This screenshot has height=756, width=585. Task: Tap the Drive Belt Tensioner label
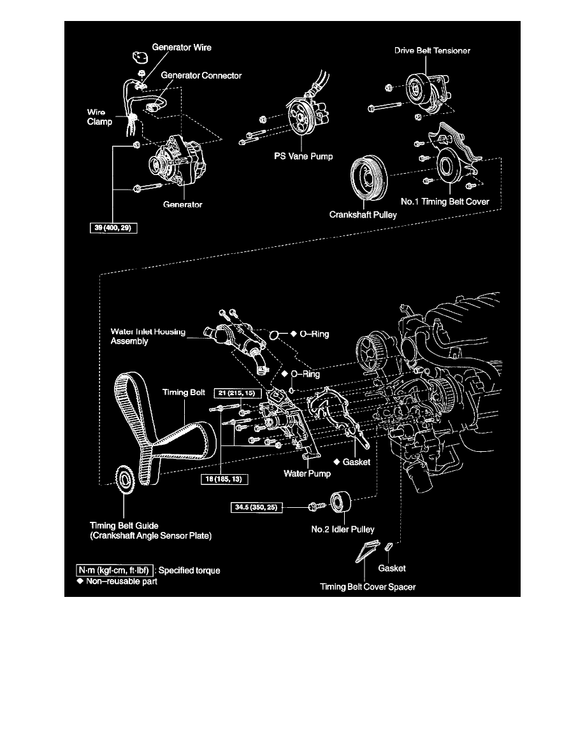click(x=432, y=50)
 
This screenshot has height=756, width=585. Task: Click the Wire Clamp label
click(x=101, y=118)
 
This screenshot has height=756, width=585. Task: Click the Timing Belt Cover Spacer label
click(x=368, y=587)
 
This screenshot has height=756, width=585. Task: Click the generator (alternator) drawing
click(x=175, y=162)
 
